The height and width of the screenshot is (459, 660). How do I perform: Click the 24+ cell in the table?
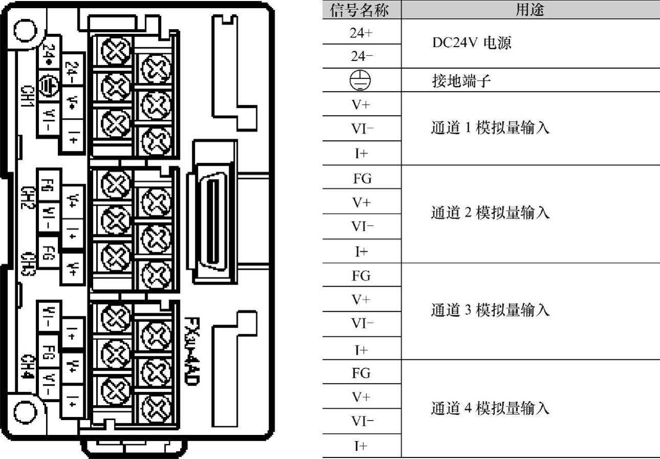point(361,32)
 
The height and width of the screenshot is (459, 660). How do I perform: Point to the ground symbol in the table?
point(361,80)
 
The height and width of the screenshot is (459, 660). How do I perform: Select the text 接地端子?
point(457,81)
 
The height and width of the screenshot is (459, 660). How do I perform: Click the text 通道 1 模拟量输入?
point(490,128)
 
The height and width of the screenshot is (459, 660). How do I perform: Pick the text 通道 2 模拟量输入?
point(490,213)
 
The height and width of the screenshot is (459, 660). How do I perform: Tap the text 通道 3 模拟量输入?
point(490,311)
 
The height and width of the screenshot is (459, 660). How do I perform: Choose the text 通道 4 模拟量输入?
point(490,408)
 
